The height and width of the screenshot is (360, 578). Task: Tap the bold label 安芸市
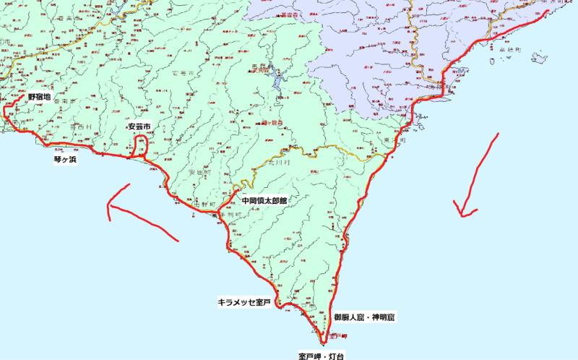coord(139,127)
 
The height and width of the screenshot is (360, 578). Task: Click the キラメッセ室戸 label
coord(244,302)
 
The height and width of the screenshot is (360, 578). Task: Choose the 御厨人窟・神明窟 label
coord(365,317)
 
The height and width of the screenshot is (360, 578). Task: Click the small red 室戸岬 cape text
coord(339,337)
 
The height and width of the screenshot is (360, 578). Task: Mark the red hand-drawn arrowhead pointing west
coord(111,210)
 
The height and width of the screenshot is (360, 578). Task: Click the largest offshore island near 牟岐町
coord(539,58)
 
